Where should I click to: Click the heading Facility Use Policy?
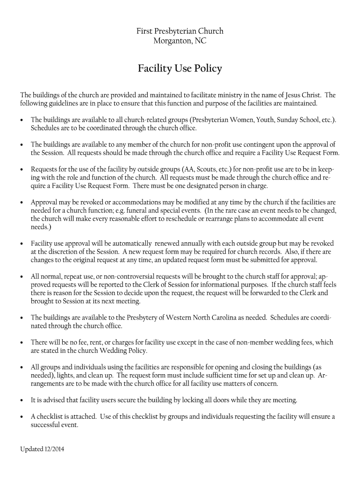[x=180, y=69]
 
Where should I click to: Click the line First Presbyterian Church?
[x=180, y=31]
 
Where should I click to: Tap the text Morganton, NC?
[x=180, y=41]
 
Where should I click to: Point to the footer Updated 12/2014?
[x=42, y=450]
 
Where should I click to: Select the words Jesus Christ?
[x=304, y=95]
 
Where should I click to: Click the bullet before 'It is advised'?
[x=22, y=400]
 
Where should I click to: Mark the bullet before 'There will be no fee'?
[x=22, y=343]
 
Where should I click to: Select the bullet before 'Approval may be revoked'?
[x=22, y=203]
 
